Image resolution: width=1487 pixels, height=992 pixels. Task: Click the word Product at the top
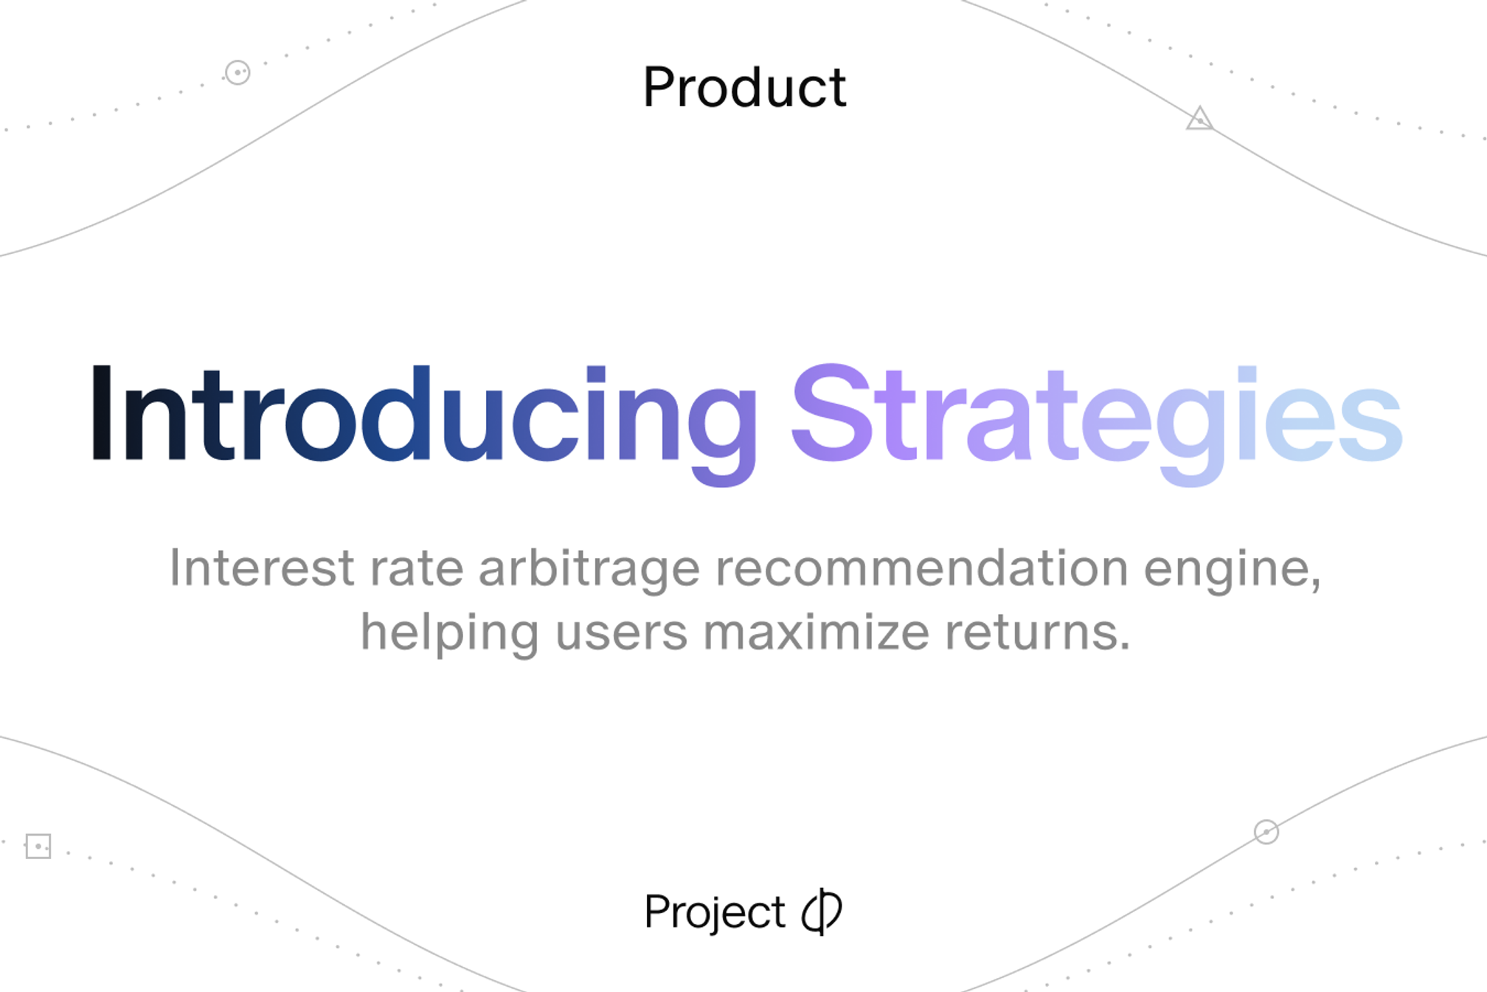tap(744, 87)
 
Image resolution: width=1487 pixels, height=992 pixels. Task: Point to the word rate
tap(416, 568)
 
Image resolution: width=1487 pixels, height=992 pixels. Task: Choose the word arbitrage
tap(589, 569)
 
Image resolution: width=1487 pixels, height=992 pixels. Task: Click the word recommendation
tap(921, 568)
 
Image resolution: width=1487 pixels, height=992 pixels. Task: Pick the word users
tap(621, 633)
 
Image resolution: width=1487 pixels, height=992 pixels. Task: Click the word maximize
tap(816, 633)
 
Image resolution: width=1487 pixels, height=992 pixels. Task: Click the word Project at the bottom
tap(714, 912)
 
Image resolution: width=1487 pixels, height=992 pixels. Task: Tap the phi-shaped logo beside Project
tap(822, 912)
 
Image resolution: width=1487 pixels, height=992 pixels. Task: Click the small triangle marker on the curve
tap(1199, 120)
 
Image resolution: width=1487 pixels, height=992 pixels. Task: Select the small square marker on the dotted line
tap(38, 846)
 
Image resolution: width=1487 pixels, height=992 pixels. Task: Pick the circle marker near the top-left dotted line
tap(238, 72)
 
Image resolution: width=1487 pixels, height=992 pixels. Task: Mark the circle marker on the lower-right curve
tap(1266, 832)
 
